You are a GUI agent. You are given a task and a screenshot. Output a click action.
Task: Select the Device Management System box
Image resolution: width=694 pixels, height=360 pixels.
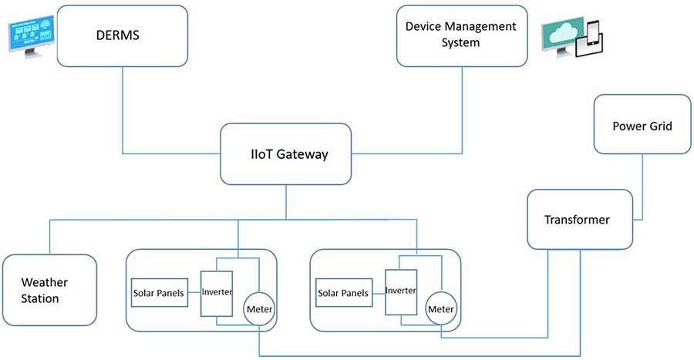[460, 35]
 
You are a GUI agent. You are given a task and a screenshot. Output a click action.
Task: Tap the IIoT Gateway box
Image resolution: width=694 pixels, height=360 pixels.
[284, 153]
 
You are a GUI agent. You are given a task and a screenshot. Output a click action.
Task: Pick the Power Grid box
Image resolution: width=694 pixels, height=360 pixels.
[642, 125]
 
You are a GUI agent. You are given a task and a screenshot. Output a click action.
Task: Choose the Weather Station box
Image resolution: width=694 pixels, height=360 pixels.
[49, 290]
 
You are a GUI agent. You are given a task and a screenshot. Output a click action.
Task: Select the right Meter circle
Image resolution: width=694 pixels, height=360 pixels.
[440, 309]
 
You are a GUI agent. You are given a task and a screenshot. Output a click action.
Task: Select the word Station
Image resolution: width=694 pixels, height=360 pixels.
[40, 299]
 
